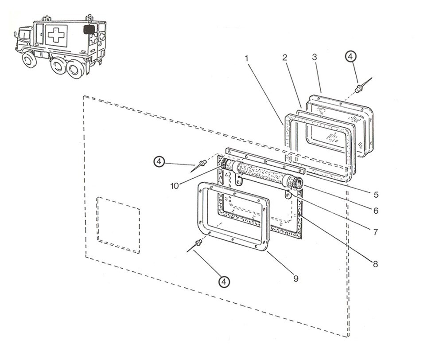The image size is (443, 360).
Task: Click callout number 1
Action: [x=247, y=59]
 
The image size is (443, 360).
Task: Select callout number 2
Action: [x=285, y=57]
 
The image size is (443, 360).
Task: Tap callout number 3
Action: [x=315, y=57]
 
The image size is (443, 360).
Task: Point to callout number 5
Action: [x=376, y=195]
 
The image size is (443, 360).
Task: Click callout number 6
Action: [x=376, y=211]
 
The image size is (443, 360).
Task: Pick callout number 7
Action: [x=376, y=232]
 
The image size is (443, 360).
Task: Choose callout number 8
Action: [x=375, y=264]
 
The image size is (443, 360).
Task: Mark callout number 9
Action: [x=296, y=279]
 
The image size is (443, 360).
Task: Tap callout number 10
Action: [x=175, y=186]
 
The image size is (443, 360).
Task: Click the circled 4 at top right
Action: [x=350, y=57]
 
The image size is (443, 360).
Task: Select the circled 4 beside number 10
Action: [x=159, y=161]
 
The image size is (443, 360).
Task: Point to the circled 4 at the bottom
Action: [x=224, y=282]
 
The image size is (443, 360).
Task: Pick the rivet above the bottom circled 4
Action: [x=198, y=243]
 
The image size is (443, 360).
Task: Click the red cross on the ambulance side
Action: [x=56, y=35]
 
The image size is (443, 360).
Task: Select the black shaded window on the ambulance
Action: [x=89, y=30]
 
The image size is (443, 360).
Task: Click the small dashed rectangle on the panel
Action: [x=118, y=225]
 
